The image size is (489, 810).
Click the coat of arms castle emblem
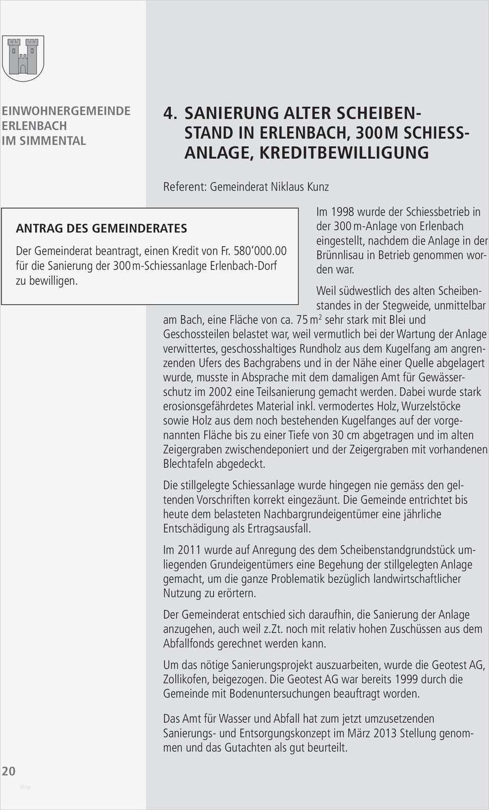coord(23,57)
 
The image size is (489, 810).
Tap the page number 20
coord(9,771)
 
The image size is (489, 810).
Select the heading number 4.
coord(170,113)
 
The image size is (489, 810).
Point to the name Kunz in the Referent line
coord(317,186)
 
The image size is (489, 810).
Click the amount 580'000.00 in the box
coord(260,251)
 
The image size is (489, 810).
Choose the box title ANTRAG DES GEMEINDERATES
coord(101,228)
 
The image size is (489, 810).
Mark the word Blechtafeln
coord(188,464)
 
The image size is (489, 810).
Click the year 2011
coord(188,550)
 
